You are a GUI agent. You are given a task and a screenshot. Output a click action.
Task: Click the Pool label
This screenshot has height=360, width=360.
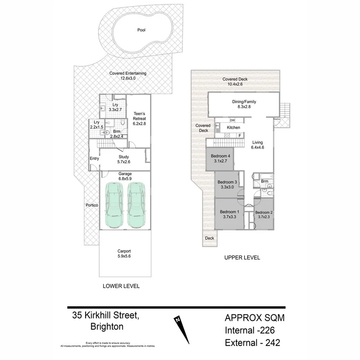141,30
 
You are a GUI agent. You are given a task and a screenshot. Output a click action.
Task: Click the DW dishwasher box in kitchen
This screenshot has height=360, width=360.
232,120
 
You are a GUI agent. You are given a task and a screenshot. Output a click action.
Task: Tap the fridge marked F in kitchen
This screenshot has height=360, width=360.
240,136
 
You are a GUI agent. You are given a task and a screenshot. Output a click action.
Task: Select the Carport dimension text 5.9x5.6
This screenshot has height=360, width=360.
124,256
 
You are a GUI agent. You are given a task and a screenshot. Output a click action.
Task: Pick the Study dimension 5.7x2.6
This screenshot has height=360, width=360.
124,162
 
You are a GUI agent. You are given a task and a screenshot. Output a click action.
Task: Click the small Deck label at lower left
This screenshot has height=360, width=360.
209,238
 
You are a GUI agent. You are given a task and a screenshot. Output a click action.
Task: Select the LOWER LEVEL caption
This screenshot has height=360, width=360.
121,286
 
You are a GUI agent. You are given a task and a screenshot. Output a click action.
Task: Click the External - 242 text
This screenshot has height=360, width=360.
252,342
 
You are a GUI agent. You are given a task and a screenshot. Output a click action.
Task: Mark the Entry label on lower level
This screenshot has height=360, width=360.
94,159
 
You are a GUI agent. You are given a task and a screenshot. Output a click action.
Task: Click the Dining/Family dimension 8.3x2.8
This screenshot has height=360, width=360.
244,107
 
